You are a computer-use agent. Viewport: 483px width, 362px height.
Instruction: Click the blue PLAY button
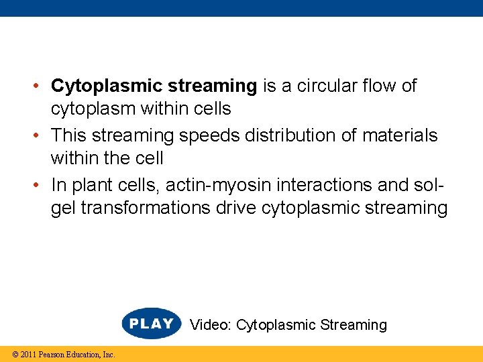point(152,324)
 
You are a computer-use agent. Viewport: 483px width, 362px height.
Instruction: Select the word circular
point(319,86)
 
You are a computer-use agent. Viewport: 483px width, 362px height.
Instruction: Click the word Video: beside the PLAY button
point(211,325)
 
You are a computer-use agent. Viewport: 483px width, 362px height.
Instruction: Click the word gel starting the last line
point(63,208)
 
